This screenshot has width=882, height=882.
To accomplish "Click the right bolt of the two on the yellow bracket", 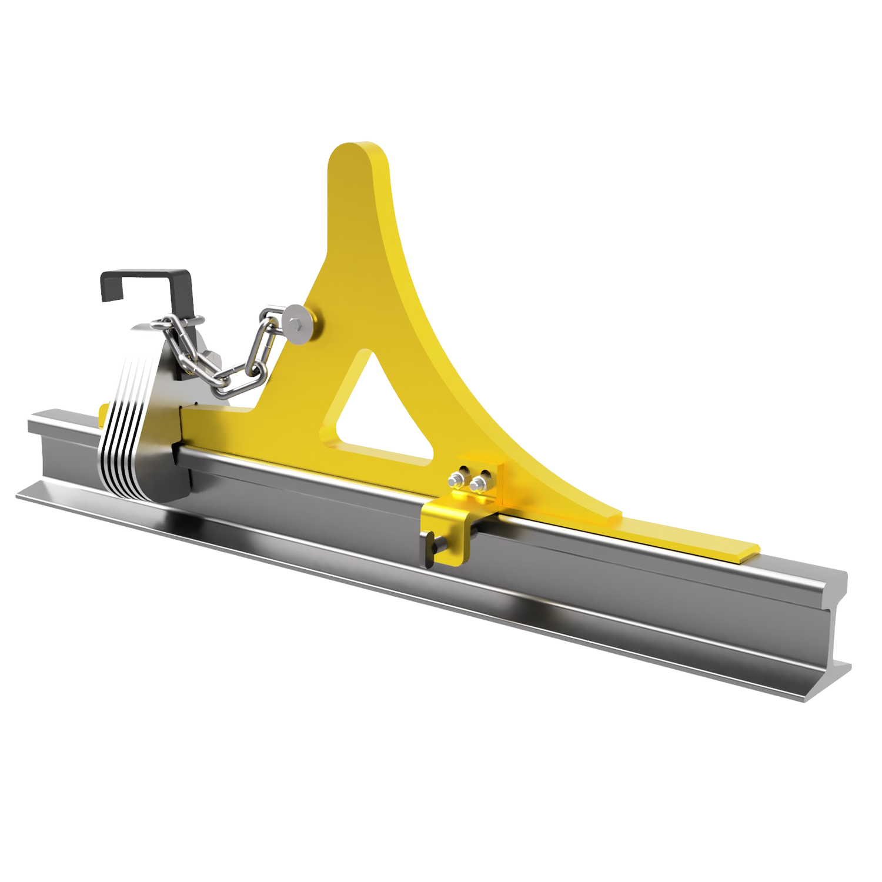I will click(479, 484).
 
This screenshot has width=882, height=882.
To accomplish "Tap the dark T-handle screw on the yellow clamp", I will click(434, 542).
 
